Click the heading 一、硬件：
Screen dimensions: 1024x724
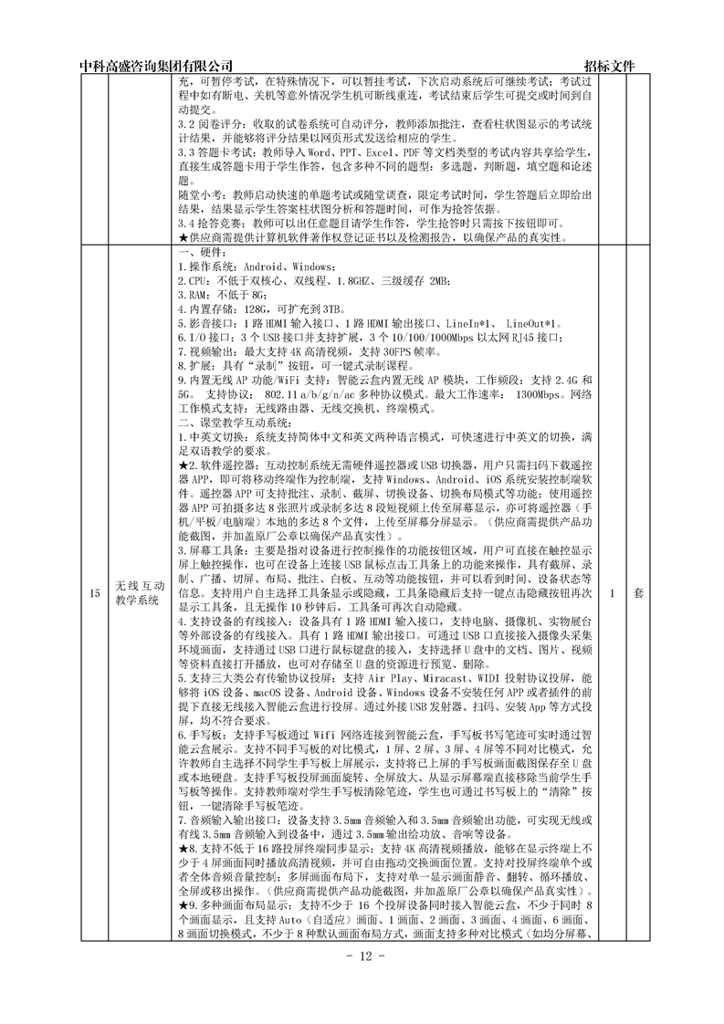[197, 252]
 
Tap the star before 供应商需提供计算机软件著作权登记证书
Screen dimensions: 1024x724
[183, 237]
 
